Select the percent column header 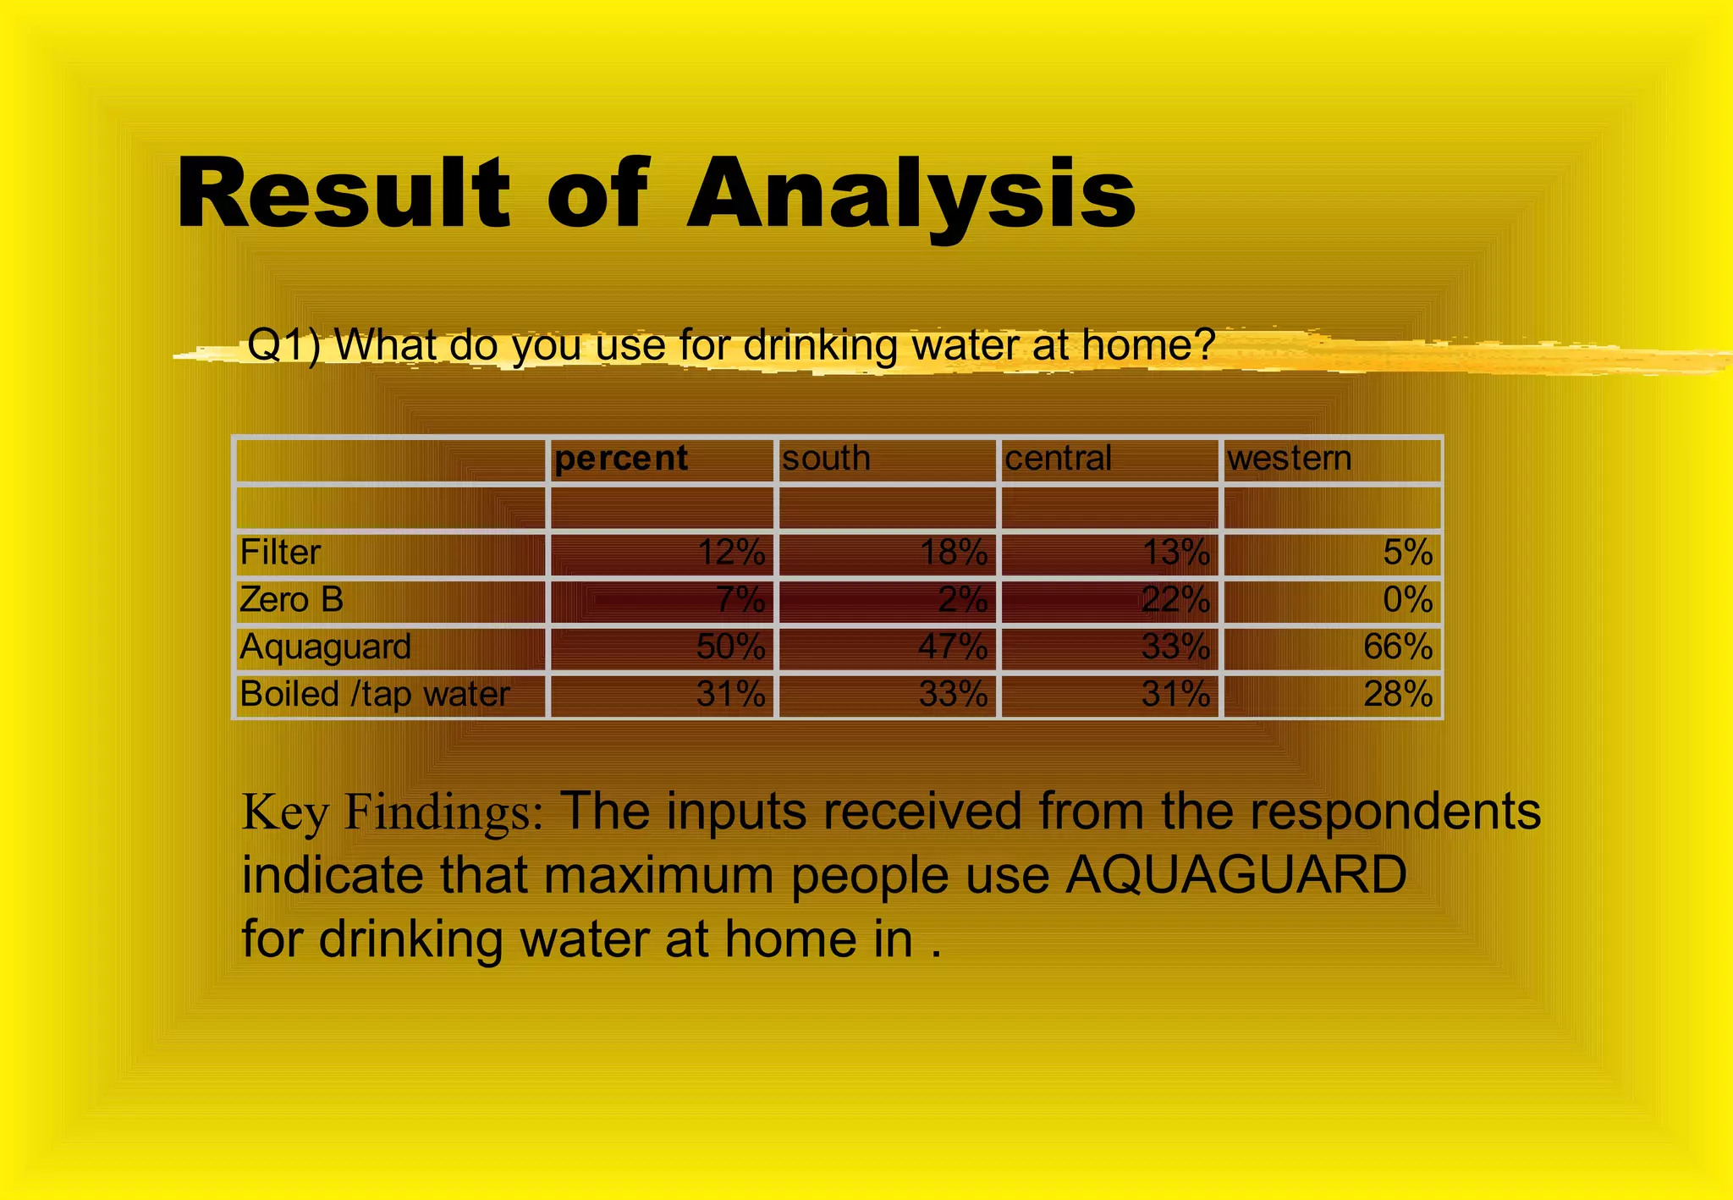pos(621,459)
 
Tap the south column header pos(826,459)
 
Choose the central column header pos(1058,459)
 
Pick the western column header pos(1289,459)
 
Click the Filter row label pos(280,553)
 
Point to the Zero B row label pos(291,600)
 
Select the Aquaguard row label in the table pos(325,647)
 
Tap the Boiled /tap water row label pos(374,695)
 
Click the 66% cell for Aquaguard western pos(1398,647)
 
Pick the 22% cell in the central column pos(1175,600)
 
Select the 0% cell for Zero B pos(1408,600)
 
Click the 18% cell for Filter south pos(954,553)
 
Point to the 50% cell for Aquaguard pos(730,647)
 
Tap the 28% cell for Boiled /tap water pos(1398,695)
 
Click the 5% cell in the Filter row pos(1408,553)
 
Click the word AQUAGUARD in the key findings pos(1235,875)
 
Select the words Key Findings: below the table pos(392,812)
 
